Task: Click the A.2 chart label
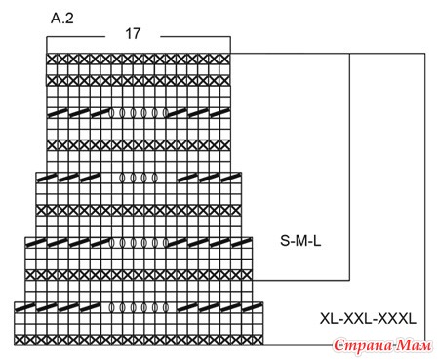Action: pos(62,19)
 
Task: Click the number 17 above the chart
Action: pos(133,33)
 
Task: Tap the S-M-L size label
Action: pos(300,241)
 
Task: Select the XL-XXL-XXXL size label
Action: pos(368,318)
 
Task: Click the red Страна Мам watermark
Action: pos(383,345)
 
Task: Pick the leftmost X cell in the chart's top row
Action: pos(52,59)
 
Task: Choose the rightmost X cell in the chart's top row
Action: pos(225,59)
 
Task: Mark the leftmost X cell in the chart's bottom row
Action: pos(20,340)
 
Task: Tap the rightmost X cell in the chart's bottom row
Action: pos(258,340)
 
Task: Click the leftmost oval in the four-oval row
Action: pos(123,178)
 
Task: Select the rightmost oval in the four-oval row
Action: pos(155,178)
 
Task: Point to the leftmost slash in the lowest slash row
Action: pos(24,306)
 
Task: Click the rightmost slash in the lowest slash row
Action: pos(253,306)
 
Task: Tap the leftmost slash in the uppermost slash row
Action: pos(58,113)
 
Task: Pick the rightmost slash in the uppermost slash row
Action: pos(219,113)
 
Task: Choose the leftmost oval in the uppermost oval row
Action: pos(112,113)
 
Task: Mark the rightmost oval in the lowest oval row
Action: pos(166,307)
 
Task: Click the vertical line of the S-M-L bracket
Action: pos(349,167)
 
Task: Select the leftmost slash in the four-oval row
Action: pos(47,178)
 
